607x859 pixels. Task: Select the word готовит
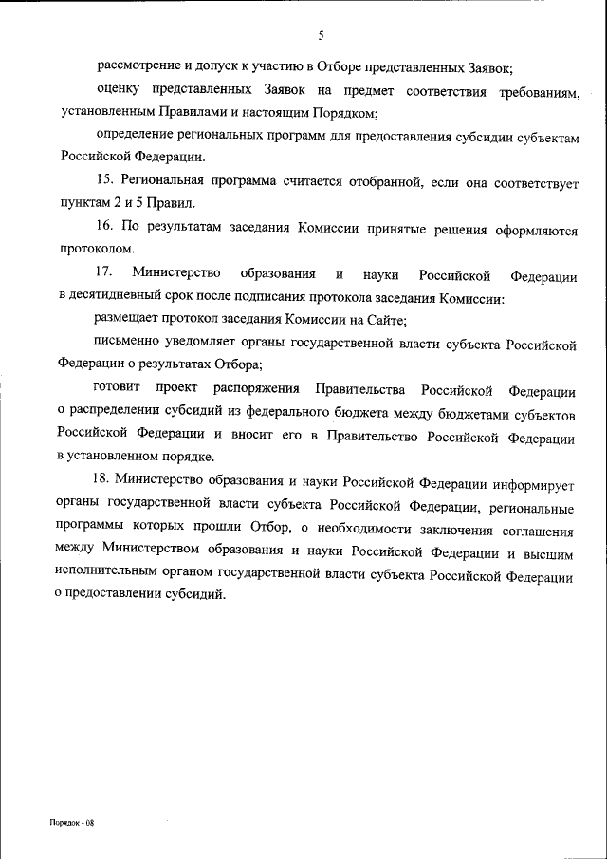tap(116, 390)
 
